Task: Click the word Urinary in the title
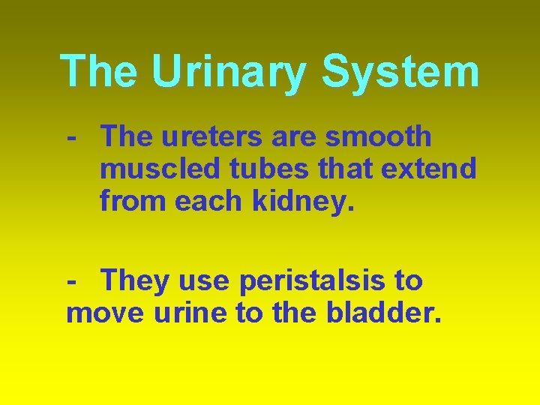[x=229, y=72]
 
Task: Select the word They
[x=136, y=281]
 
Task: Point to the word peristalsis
[x=314, y=282]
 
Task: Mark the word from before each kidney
[x=133, y=201]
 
